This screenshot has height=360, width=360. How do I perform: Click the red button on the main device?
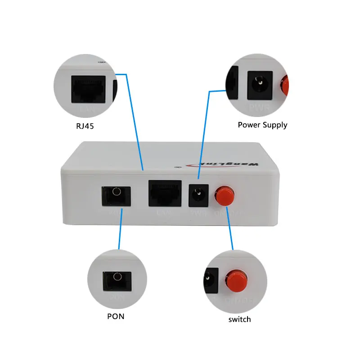(223, 195)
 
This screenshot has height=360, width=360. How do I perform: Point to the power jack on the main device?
(197, 195)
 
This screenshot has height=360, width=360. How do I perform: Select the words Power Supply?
(262, 125)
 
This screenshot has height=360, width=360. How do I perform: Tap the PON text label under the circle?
(116, 316)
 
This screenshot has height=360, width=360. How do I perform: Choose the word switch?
(239, 319)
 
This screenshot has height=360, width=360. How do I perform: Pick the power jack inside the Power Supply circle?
(260, 83)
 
